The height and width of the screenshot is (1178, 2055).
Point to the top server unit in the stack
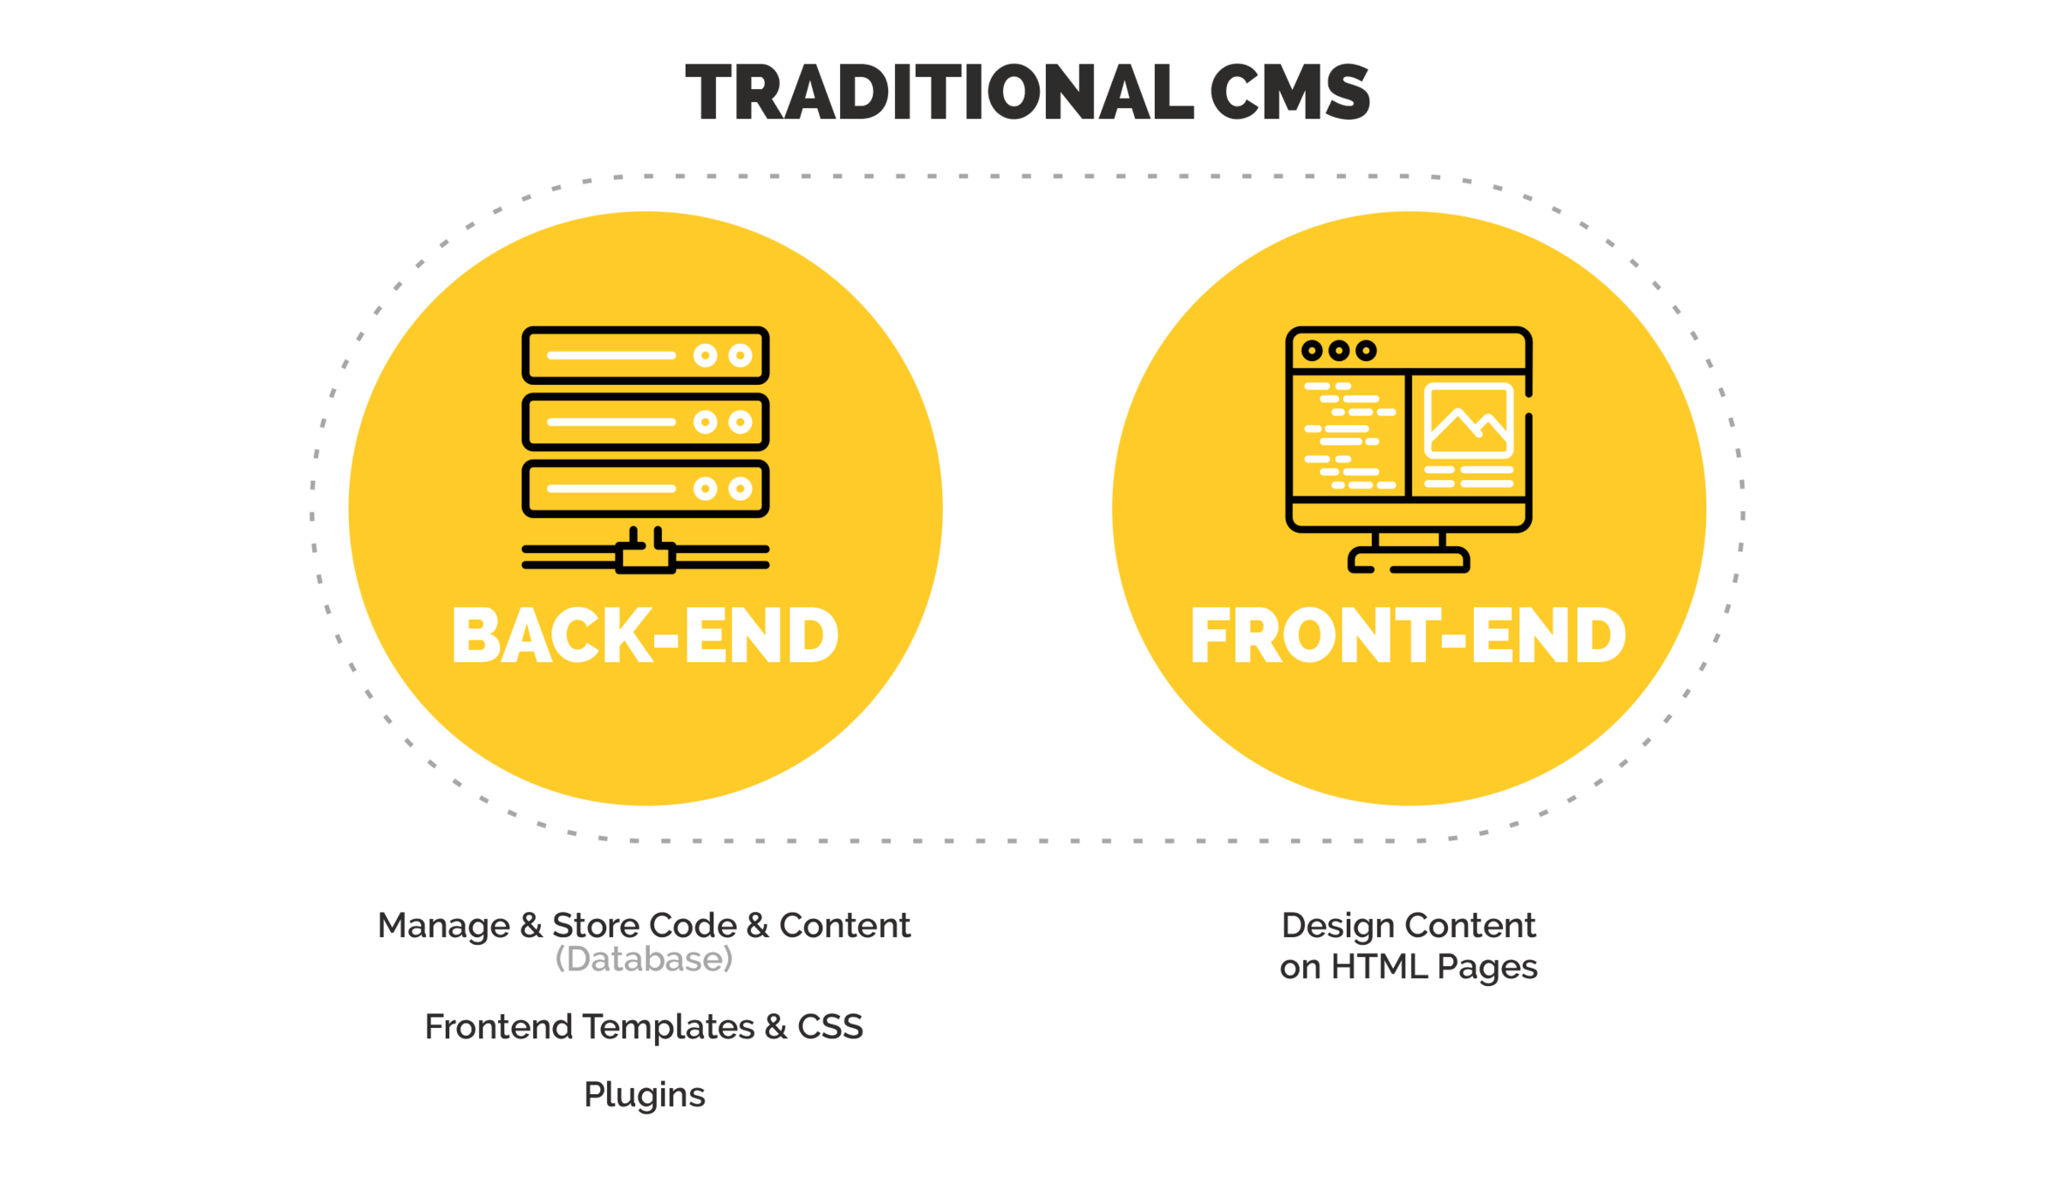(645, 355)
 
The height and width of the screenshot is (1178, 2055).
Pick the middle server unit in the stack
(645, 422)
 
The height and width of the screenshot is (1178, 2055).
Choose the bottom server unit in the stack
(645, 489)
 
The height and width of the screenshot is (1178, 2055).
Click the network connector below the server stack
(645, 556)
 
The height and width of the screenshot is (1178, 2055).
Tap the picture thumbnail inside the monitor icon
(1469, 421)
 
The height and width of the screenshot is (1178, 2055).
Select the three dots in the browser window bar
(1338, 351)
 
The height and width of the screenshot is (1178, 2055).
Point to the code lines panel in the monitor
(1348, 435)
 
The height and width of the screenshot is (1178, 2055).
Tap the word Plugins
(644, 1095)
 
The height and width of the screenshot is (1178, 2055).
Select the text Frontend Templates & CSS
(644, 1027)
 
